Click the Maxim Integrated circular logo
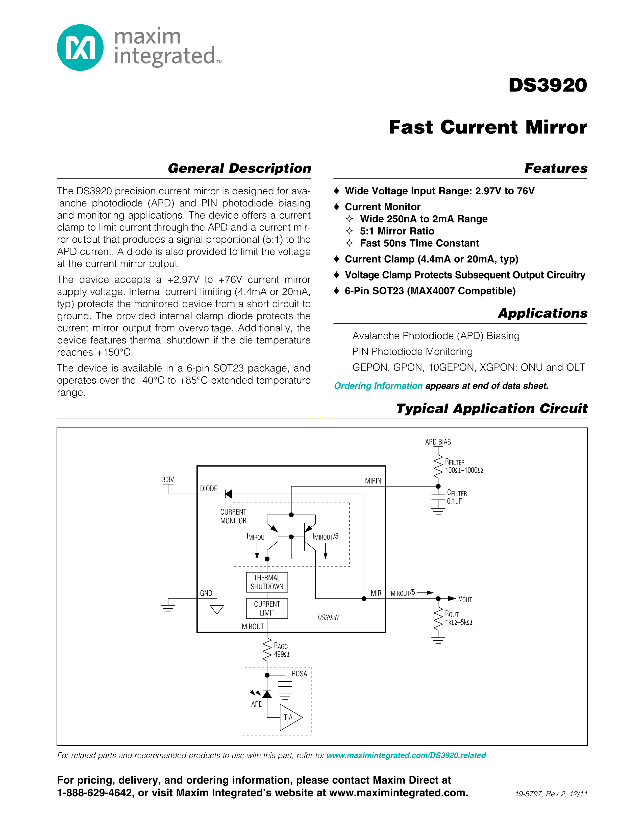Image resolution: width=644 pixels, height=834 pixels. pyautogui.click(x=80, y=48)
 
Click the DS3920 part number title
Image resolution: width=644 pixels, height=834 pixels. pyautogui.click(x=548, y=85)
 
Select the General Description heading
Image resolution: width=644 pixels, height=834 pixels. pyautogui.click(x=239, y=168)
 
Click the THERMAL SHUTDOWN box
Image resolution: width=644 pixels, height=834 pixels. pyautogui.click(x=267, y=582)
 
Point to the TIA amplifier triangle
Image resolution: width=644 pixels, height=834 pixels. pyautogui.click(x=290, y=717)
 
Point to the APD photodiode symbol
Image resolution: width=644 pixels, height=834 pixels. pyautogui.click(x=267, y=693)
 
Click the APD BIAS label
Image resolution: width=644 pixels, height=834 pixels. pyautogui.click(x=438, y=442)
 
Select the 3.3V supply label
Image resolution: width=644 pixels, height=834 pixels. pyautogui.click(x=168, y=479)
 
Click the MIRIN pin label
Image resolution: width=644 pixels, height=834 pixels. pyautogui.click(x=373, y=481)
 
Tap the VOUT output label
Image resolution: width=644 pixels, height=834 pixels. pyautogui.click(x=465, y=599)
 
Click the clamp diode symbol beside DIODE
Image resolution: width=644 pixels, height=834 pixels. pyautogui.click(x=229, y=494)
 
